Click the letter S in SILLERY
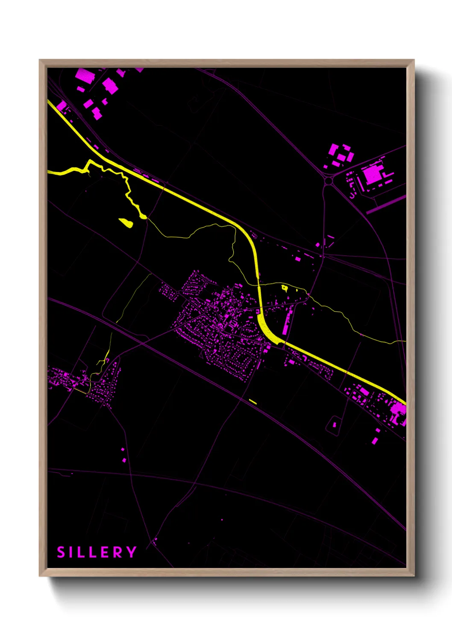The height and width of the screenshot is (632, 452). (x=61, y=552)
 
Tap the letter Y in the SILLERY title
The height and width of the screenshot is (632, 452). (x=131, y=552)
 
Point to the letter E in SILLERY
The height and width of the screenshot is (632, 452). (x=104, y=552)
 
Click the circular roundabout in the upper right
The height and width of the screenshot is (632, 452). (x=328, y=181)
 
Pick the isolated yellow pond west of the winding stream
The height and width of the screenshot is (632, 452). (x=126, y=222)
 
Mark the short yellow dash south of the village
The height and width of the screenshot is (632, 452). (x=253, y=401)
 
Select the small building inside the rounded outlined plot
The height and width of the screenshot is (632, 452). (x=334, y=424)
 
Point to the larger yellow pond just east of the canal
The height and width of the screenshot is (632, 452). (x=285, y=288)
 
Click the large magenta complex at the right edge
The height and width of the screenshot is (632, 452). (x=399, y=412)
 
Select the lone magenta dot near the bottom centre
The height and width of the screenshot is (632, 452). (x=222, y=520)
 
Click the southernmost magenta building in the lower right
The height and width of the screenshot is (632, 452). (x=375, y=441)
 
